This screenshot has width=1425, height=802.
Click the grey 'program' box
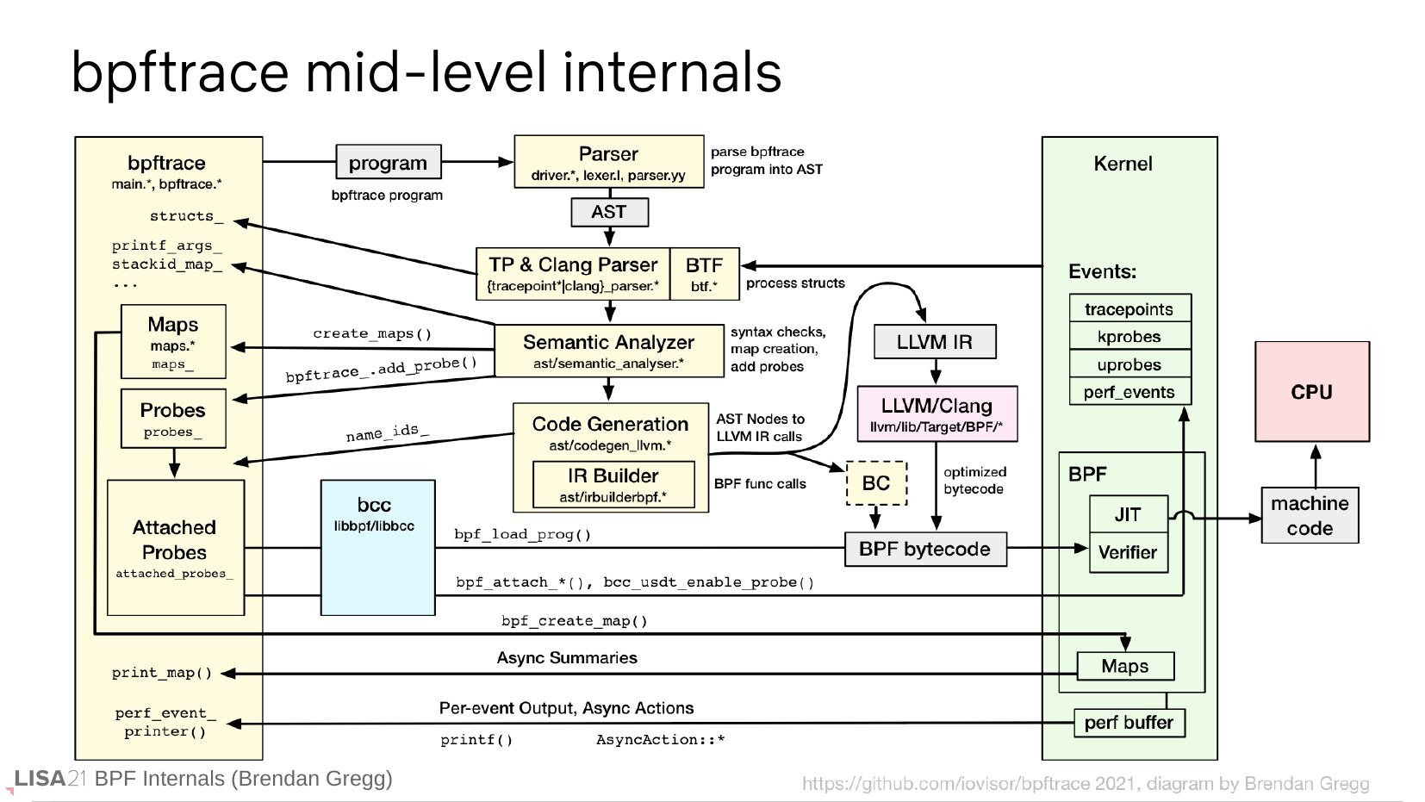pos(388,162)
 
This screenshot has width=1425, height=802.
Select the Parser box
pos(608,162)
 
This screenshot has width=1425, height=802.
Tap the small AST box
pos(608,212)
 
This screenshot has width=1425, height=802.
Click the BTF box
pos(704,274)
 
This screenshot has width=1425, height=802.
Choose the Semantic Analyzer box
pos(608,351)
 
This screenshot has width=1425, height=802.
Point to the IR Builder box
pos(613,484)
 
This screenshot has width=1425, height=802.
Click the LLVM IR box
pos(934,342)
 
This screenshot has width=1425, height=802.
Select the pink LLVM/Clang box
pos(937,413)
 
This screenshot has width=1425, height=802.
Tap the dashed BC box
pos(876,483)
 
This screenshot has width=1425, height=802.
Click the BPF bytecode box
pos(924,549)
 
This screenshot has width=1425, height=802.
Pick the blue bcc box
pos(377,547)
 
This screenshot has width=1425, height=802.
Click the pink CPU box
pos(1311,392)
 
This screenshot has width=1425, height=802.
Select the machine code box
pos(1310,515)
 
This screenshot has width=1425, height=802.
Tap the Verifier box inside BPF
pos(1128,553)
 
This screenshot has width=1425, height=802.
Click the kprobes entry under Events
pos(1129,337)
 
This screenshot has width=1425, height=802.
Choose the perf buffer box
pos(1129,723)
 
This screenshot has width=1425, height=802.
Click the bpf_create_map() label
pos(574,621)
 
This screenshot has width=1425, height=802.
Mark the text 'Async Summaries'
pos(567,658)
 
